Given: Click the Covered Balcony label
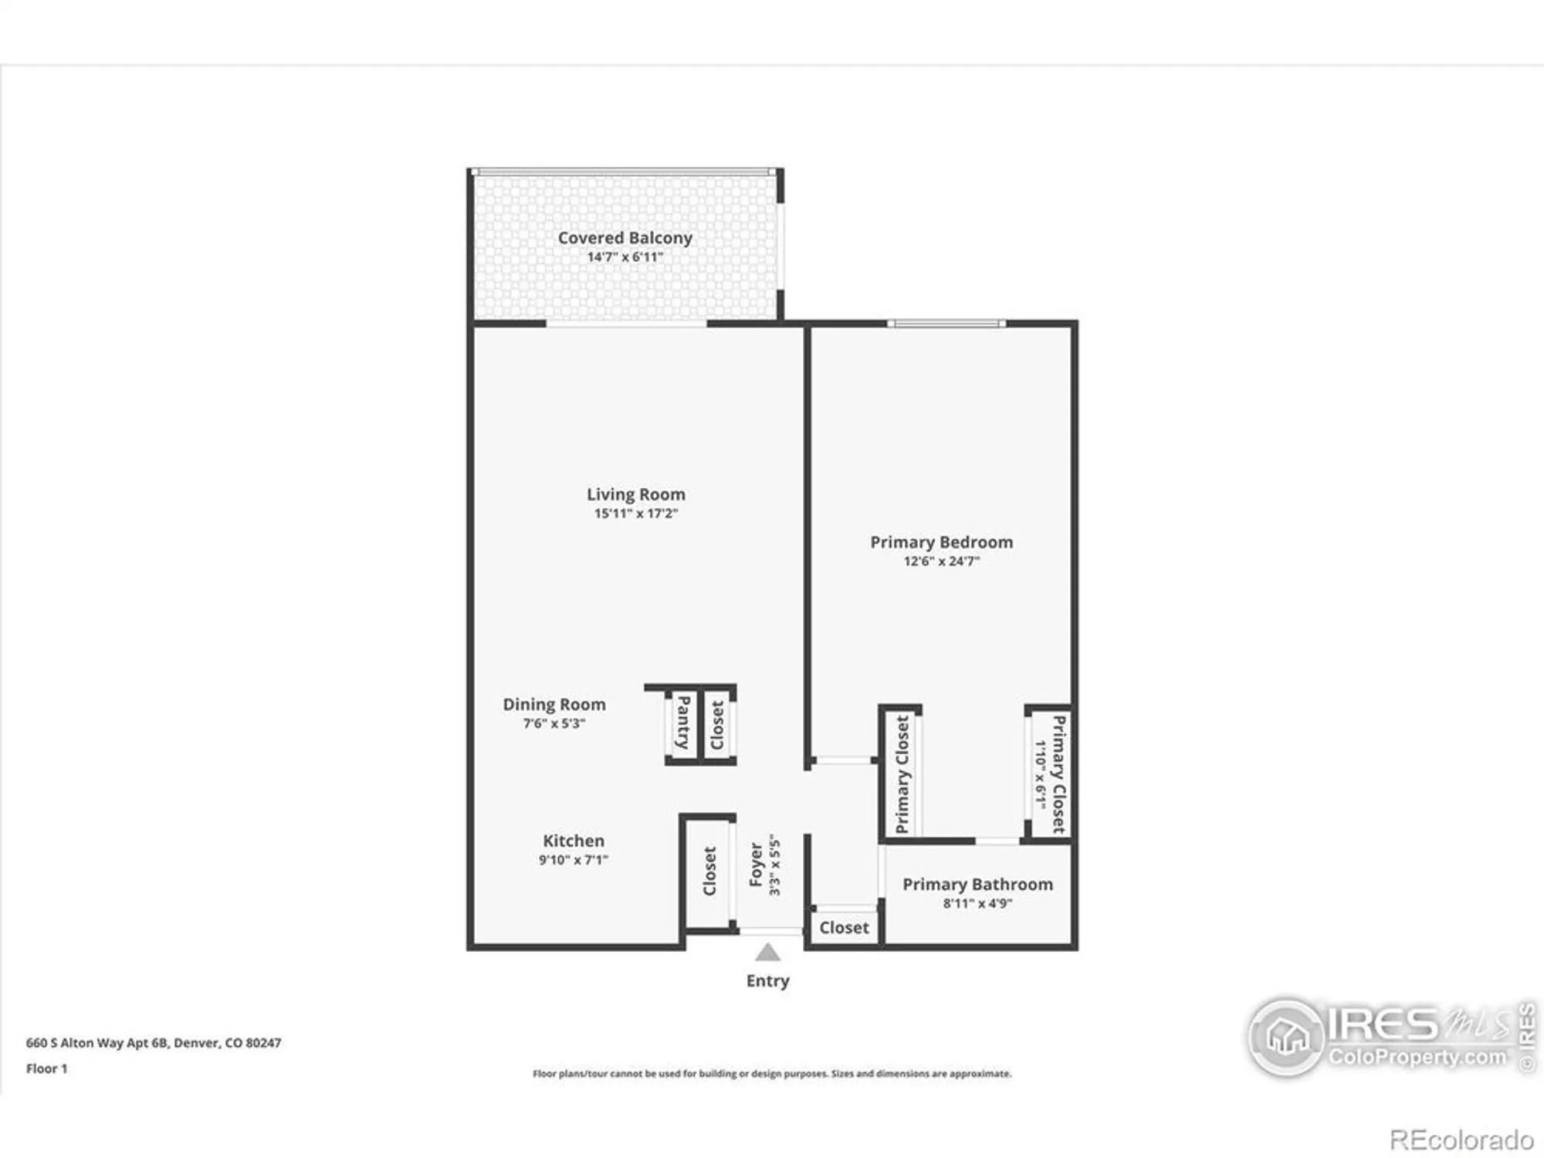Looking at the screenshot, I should coord(625,238).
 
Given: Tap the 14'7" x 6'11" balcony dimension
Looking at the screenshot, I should coord(625,257).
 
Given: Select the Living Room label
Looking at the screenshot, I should coord(635,494).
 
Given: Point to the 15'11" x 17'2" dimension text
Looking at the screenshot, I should coord(635,513).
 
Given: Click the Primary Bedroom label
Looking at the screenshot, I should coord(941,542).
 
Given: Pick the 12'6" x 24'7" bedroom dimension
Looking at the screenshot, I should coord(941,561).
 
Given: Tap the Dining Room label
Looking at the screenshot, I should coord(554,704).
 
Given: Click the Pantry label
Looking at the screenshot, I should coord(683,722).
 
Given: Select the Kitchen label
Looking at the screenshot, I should coord(573,841).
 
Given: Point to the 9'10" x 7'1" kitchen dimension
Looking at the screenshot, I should coord(573,860).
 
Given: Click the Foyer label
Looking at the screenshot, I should coord(756,865).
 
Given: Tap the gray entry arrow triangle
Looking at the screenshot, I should coord(767,953).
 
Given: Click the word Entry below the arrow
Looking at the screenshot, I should coord(767,980).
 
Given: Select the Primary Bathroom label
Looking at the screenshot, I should coord(977,884).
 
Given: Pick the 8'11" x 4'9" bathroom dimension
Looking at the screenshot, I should coord(977,903).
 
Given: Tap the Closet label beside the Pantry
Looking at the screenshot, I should coord(718,724).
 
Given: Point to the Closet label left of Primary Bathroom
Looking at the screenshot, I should coord(844,927).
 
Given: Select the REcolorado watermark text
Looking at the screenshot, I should coord(1461,1139).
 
